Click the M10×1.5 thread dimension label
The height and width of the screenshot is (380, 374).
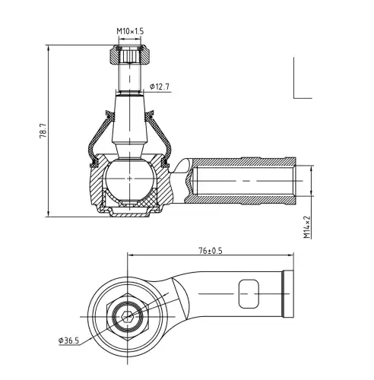point(130,31)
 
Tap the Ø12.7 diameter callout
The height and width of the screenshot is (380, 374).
point(160,87)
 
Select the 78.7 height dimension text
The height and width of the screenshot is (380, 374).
point(43,131)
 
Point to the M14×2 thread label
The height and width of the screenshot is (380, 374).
point(307,227)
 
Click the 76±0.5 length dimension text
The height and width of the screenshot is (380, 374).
point(211,251)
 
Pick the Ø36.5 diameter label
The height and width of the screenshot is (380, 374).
point(68,340)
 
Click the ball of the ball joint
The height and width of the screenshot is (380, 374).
point(129,179)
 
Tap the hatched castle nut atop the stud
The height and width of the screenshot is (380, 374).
point(129,55)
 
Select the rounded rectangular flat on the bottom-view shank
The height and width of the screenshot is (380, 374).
point(249,294)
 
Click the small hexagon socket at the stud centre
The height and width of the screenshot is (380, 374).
point(127,316)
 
